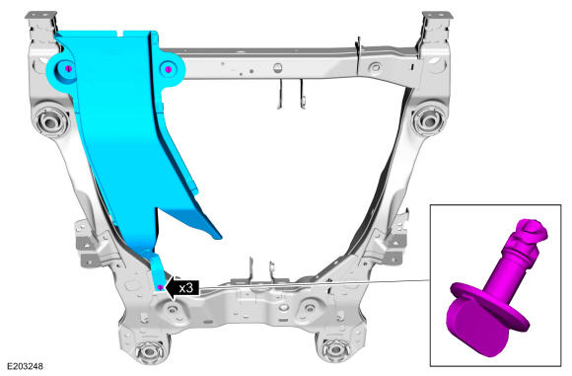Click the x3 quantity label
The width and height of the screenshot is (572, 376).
pyautogui.click(x=185, y=288)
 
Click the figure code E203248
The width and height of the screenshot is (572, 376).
pyautogui.click(x=26, y=366)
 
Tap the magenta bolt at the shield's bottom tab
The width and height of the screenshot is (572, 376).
pyautogui.click(x=160, y=287)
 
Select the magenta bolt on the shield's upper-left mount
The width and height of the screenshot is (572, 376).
pyautogui.click(x=68, y=69)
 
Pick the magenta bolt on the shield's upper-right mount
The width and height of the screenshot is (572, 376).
pyautogui.click(x=168, y=69)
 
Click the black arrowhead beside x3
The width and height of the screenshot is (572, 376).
pyautogui.click(x=169, y=288)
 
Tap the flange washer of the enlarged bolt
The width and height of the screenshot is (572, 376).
pyautogui.click(x=489, y=306)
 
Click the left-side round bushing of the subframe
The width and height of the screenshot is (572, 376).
pyautogui.click(x=50, y=120)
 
